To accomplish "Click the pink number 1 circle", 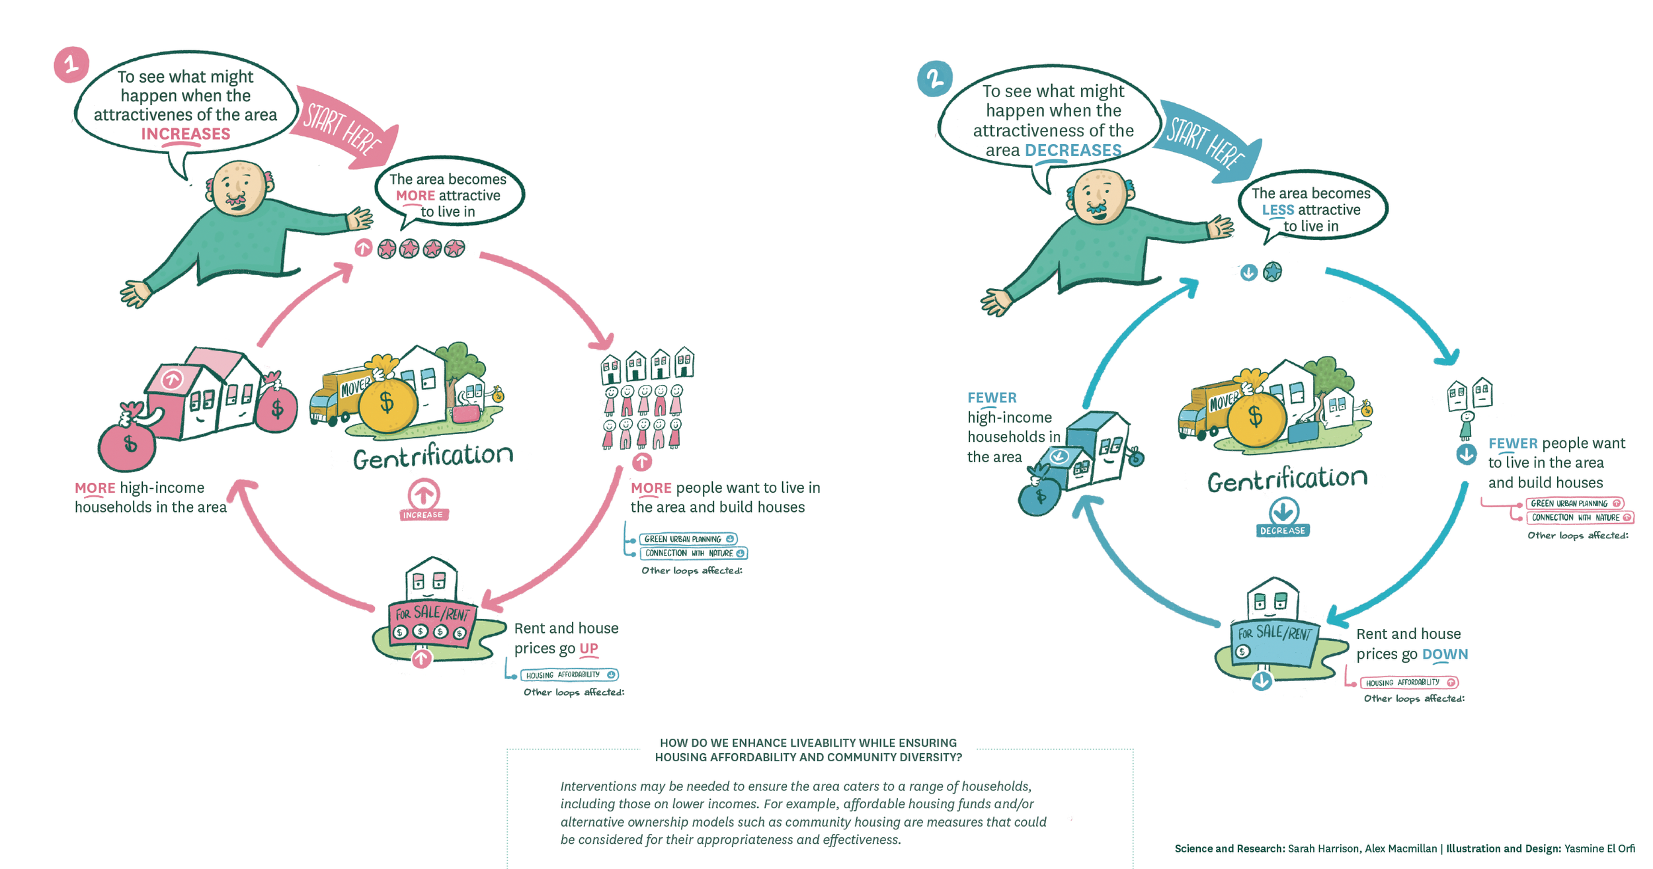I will pos(71,64).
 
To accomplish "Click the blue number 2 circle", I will pos(934,79).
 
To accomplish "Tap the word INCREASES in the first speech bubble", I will pos(186,134).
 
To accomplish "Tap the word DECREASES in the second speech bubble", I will pos(1072,150).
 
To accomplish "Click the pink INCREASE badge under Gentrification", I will pos(424,514).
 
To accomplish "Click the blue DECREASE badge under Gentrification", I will pos(1283,530).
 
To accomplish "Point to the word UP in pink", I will pos(588,648).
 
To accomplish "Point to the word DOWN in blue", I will pos(1445,654).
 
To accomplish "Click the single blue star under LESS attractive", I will pos(1272,272).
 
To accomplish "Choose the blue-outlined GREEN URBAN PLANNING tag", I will pos(688,539).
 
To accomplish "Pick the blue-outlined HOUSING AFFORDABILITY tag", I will pos(569,675).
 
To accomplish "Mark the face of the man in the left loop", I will pos(237,189).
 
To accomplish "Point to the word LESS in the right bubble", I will pos(1277,210).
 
